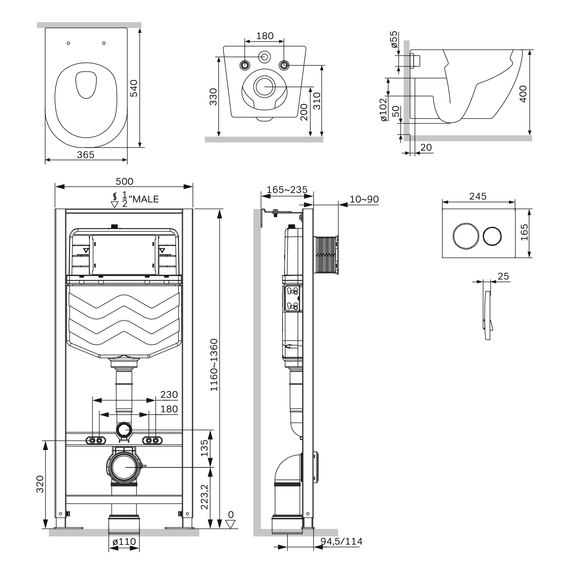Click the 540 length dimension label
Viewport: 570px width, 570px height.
134,88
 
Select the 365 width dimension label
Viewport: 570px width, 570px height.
85,155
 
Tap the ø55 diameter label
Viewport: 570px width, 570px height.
394,39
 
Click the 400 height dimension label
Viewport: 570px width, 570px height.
523,94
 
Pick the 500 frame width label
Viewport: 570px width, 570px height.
124,181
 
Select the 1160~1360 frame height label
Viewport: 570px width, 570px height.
214,365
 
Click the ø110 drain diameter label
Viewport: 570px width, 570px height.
124,542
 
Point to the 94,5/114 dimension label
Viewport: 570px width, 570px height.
341,541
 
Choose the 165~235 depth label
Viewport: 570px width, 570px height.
287,189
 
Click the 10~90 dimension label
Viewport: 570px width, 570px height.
364,199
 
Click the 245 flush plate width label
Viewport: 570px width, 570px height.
478,196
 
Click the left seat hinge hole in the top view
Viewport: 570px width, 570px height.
68,43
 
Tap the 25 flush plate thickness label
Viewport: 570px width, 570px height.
503,276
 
